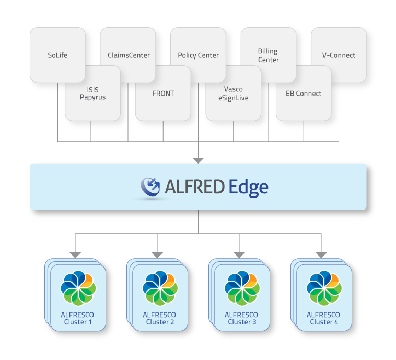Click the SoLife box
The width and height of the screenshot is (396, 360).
click(57, 55)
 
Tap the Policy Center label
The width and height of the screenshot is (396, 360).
click(198, 55)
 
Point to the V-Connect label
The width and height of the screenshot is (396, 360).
click(339, 55)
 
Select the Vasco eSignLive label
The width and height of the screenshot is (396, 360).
click(234, 94)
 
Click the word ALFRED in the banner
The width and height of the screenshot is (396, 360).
click(194, 187)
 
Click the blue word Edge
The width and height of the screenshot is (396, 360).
click(249, 188)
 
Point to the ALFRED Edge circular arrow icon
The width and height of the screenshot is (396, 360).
click(150, 187)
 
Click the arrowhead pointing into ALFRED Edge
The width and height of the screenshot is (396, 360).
click(198, 161)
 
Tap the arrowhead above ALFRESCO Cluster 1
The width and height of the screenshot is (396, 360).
click(75, 255)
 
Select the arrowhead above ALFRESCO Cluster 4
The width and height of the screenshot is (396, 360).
click(321, 255)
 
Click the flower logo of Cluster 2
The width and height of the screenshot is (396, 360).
click(160, 288)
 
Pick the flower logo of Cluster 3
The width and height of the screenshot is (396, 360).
click(242, 288)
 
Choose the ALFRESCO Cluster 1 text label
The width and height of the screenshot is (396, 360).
click(77, 318)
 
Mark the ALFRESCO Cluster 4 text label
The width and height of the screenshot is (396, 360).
click(323, 318)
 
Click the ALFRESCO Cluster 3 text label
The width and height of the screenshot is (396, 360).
click(241, 318)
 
